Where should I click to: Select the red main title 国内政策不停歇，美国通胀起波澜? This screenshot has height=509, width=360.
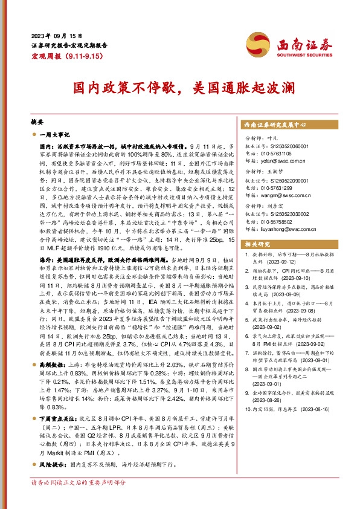(x=180, y=88)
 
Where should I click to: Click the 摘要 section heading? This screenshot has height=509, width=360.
(x=37, y=122)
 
